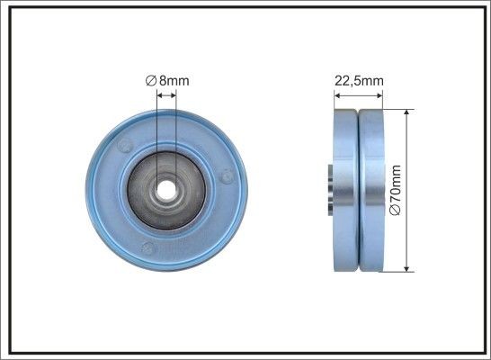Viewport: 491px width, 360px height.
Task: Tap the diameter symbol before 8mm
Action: point(151,80)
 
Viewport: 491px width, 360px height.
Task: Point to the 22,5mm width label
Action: point(359,80)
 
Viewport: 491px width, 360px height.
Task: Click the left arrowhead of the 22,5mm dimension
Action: point(336,93)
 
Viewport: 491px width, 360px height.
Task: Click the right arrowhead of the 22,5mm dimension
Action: point(383,93)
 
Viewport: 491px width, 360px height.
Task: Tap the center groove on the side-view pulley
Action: point(359,190)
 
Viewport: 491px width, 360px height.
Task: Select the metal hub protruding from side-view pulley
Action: point(329,188)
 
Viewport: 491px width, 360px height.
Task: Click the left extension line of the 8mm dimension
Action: point(157,135)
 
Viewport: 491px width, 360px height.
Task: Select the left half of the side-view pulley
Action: point(346,190)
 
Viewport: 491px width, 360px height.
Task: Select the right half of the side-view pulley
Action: point(371,190)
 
